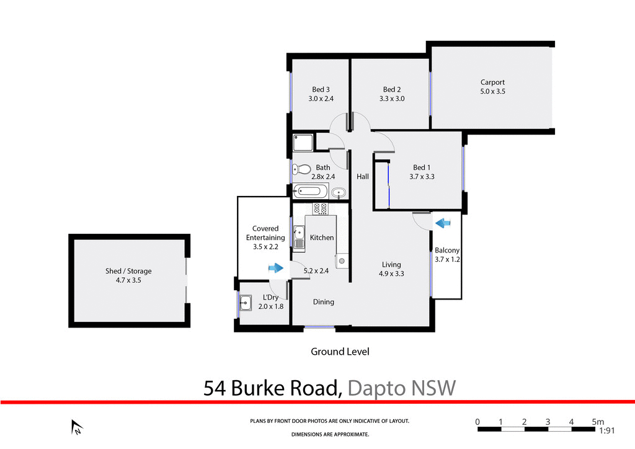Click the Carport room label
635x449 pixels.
tap(492, 82)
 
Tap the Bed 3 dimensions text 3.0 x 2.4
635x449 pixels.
tap(321, 99)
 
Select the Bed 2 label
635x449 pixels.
tap(391, 89)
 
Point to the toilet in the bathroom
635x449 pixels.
tap(303, 169)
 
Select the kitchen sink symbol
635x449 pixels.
tap(299, 236)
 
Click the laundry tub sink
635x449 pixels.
tap(246, 303)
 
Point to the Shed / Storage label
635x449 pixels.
tap(128, 271)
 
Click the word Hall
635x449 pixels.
tap(363, 177)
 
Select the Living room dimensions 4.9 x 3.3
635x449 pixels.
tap(391, 273)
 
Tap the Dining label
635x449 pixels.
tap(323, 302)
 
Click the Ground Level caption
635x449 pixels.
tap(340, 352)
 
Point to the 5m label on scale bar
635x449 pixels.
tap(598, 422)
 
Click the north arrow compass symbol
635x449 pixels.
tap(77, 427)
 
